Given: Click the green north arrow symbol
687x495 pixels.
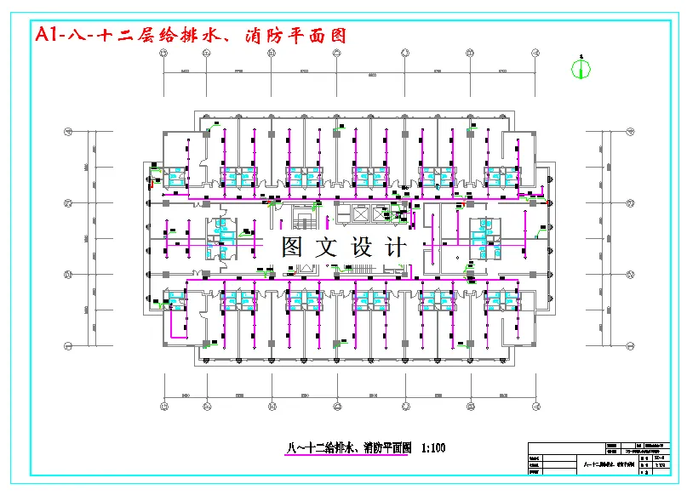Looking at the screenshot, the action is point(581,68).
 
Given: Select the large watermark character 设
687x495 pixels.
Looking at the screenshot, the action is point(361,248).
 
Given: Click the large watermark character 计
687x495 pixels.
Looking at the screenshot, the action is point(395,248).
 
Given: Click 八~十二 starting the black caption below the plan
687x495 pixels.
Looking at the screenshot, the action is point(302,447).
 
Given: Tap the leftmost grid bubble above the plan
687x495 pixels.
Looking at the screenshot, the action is point(163,53).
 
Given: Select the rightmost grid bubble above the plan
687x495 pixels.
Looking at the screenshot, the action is point(535,53).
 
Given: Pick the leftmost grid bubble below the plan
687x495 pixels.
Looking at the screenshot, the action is point(163,407).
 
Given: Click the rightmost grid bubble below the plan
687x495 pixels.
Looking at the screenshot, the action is point(535,407).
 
